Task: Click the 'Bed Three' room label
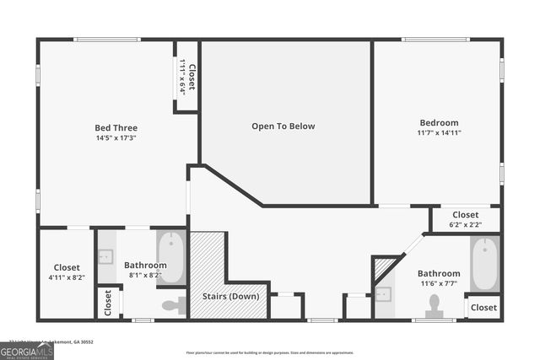point(116,127)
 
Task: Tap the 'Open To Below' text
point(283,126)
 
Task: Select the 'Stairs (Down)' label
point(230,297)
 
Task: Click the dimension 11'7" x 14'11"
point(439,133)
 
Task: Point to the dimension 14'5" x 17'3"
point(116,138)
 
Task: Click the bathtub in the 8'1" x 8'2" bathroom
point(171,256)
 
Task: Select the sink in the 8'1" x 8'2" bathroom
point(106,256)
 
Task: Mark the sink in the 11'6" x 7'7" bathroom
point(383,294)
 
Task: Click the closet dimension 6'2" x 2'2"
point(466,225)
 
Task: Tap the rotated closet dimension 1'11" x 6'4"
point(182,77)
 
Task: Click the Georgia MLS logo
point(27,347)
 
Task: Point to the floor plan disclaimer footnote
point(282,352)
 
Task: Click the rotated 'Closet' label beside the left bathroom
point(107,303)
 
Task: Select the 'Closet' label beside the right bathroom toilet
point(483,308)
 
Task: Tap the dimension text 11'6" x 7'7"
point(439,283)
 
